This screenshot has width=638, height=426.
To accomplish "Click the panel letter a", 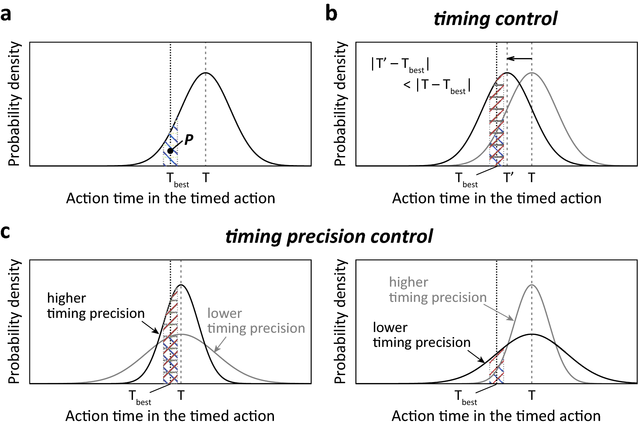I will (x=6, y=15).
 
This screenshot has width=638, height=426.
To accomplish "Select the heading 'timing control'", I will (x=495, y=19).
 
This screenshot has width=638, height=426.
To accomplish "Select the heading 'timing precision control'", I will (x=329, y=237).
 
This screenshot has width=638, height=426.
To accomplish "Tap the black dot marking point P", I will (x=170, y=151).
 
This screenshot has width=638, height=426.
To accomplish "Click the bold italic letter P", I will (x=189, y=140).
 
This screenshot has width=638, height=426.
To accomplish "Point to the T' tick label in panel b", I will (x=508, y=178).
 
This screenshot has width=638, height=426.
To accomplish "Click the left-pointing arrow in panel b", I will (x=519, y=58).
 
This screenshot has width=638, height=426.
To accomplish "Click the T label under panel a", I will (x=206, y=178).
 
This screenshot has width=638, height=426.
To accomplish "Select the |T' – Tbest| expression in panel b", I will (x=400, y=65).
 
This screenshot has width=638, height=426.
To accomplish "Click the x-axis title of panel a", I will (x=170, y=198).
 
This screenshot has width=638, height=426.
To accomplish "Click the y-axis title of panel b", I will (x=340, y=104).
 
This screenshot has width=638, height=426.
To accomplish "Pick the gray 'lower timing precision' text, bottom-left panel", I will (x=256, y=321).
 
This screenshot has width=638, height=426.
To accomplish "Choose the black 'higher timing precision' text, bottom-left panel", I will (x=96, y=306).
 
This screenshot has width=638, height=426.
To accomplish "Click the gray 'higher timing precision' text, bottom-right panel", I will (x=437, y=290).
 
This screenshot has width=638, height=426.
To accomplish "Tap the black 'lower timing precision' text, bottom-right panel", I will (x=421, y=335).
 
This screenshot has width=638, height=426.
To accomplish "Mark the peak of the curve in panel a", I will (x=206, y=73).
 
